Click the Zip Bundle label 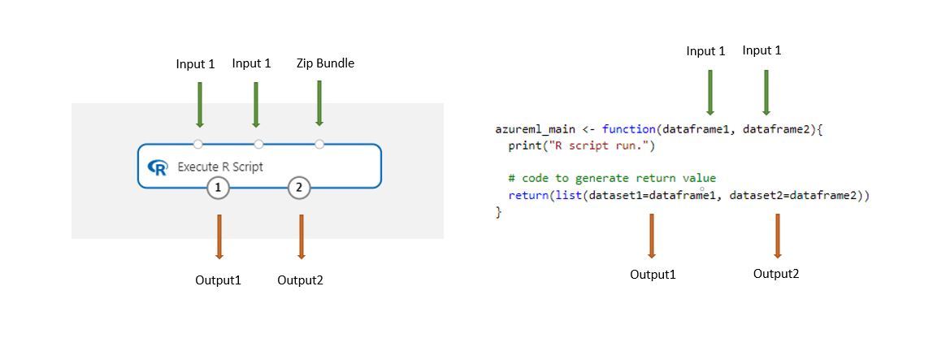[x=325, y=63]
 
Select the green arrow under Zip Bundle [x=319, y=102]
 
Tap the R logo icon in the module [x=157, y=167]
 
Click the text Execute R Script [x=220, y=167]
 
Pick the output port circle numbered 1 [x=218, y=188]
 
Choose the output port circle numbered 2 [x=299, y=188]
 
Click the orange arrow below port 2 [x=301, y=236]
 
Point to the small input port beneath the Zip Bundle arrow [x=319, y=144]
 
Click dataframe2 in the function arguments [x=779, y=129]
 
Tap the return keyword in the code [x=527, y=195]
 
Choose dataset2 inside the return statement [x=757, y=195]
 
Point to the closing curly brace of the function [x=498, y=212]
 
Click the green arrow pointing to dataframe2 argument [x=765, y=92]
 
